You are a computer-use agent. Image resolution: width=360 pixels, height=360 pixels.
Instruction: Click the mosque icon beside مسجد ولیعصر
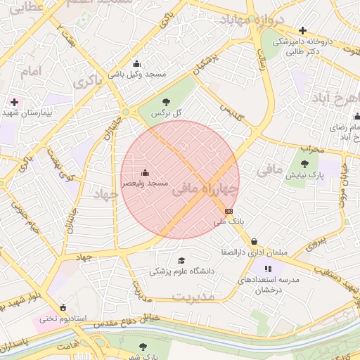(x=146, y=173)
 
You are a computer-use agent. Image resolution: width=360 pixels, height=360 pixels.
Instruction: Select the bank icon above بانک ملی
(x=229, y=210)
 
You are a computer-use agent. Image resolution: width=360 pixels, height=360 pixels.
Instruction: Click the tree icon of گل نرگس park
(x=166, y=102)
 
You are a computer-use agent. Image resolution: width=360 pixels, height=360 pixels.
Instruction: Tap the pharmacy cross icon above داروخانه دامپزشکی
(x=302, y=30)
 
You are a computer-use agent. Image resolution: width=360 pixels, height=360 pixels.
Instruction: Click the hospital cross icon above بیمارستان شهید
(x=14, y=102)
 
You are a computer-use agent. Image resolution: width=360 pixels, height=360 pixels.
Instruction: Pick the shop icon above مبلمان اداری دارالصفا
(x=254, y=241)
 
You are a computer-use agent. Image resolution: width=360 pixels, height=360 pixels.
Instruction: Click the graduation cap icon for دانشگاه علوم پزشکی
(x=181, y=261)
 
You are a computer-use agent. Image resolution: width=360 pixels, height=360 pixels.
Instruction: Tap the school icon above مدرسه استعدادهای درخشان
(x=268, y=269)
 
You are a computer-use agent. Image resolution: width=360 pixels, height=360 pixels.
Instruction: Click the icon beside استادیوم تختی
(x=63, y=307)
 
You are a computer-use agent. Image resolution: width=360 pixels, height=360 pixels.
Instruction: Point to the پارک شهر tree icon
(x=143, y=347)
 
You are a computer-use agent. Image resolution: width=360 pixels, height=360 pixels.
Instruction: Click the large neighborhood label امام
(x=31, y=72)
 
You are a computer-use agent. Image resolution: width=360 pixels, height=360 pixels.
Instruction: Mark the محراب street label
(x=311, y=148)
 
